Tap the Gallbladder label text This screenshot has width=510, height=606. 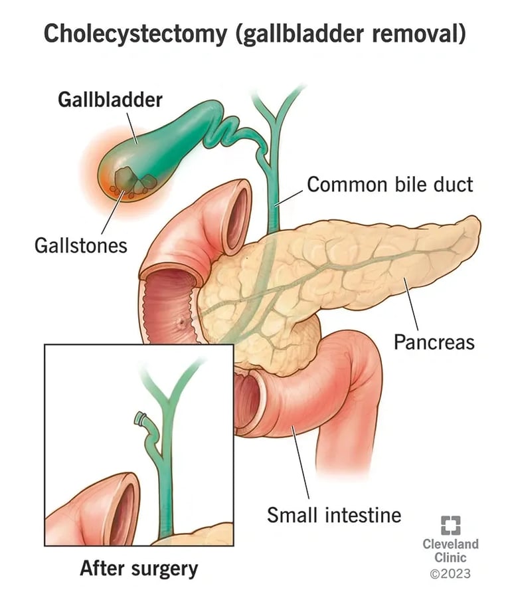pos(110,100)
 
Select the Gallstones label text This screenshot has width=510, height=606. pos(80,245)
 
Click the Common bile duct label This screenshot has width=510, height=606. pos(390,184)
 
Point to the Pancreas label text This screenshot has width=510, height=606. pos(434,342)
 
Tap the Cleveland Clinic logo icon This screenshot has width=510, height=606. pos(450,525)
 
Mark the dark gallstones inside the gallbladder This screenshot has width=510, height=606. pos(133,181)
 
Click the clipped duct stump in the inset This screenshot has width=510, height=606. pos(140,419)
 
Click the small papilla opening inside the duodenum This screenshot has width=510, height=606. pos(181,326)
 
